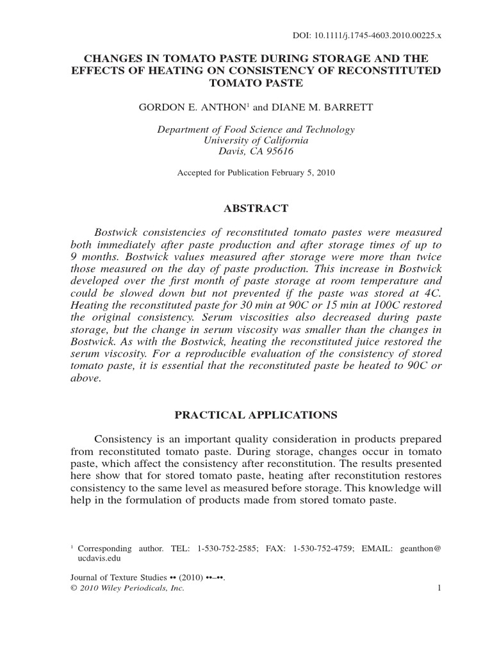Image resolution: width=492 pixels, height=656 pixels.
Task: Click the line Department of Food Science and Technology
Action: pos(256,129)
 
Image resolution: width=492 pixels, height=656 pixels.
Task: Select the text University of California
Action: pos(256,140)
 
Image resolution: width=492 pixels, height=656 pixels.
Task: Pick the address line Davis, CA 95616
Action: pos(256,151)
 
